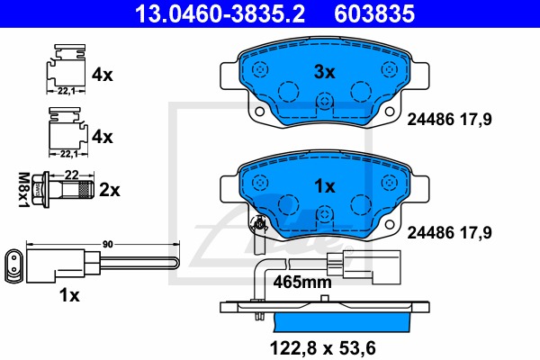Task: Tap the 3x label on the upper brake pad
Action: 323,70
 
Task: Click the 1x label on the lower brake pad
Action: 323,186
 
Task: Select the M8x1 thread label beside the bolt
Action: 24,190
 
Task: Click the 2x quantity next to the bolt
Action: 110,191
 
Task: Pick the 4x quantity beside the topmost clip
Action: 103,75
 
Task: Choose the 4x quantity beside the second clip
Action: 103,137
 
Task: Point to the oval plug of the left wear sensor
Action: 15,264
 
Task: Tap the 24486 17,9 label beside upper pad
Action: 453,118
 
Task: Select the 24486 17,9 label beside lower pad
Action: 453,232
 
